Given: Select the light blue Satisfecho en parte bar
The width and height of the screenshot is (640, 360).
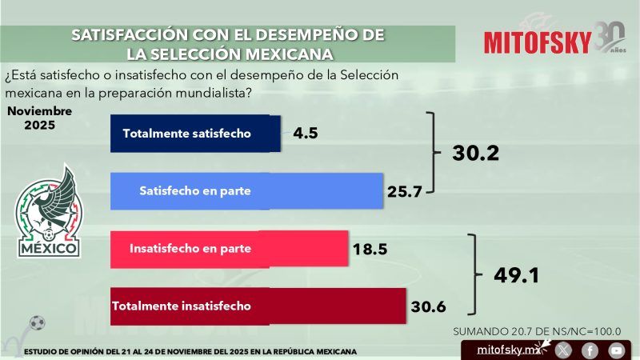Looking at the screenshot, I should click(x=246, y=193).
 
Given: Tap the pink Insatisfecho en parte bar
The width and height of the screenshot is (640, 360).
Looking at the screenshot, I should click(x=229, y=249).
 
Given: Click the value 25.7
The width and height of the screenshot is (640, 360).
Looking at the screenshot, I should click(x=406, y=193).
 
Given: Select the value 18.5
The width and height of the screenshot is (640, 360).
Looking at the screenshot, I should click(x=370, y=250).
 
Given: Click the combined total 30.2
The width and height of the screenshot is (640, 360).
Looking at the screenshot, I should click(x=475, y=153).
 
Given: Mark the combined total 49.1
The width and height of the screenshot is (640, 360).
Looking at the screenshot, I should click(x=515, y=276).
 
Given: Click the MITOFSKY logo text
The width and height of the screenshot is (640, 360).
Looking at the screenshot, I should click(x=538, y=42).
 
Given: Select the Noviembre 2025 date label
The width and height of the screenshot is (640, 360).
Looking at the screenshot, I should click(x=34, y=118).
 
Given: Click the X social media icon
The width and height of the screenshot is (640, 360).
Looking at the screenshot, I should click(x=564, y=350).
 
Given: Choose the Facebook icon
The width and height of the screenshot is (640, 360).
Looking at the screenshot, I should click(x=590, y=350).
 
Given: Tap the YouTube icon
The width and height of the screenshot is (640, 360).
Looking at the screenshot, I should click(x=615, y=350).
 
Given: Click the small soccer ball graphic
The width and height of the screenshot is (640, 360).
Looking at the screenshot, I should click(x=35, y=322).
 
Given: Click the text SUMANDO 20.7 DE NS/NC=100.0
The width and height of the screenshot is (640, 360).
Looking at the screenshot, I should click(x=537, y=330).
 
